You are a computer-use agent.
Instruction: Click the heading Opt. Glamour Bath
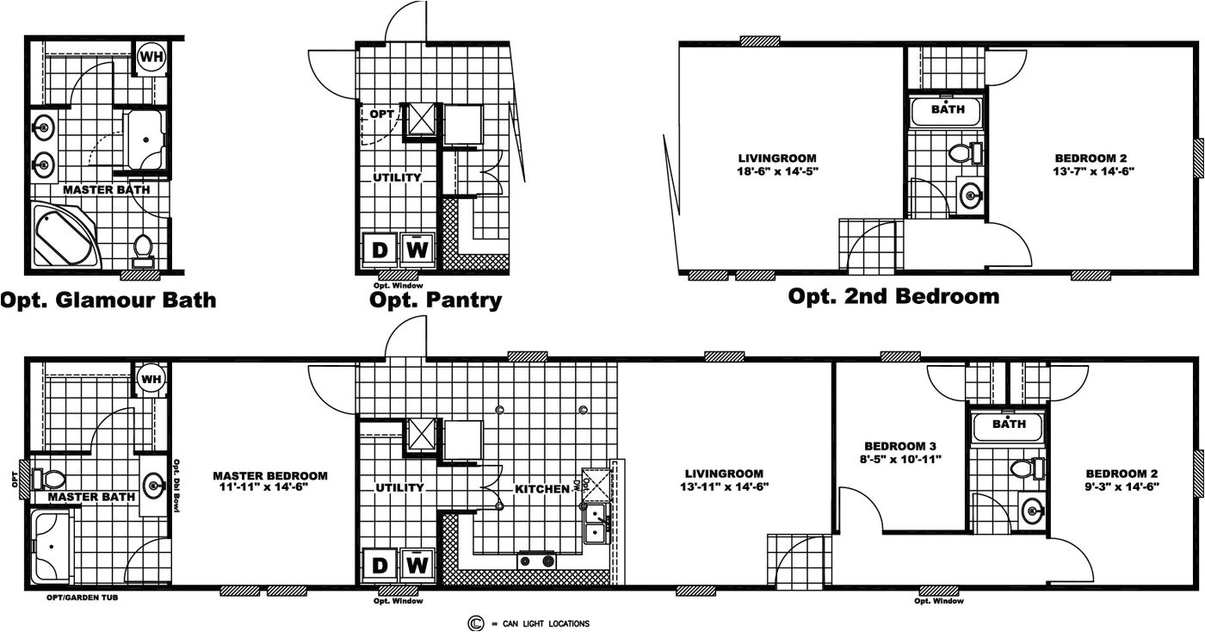(108, 300)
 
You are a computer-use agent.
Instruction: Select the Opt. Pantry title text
(436, 300)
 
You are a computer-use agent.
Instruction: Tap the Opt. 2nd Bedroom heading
(893, 296)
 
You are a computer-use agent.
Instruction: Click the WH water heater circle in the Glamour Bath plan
(152, 57)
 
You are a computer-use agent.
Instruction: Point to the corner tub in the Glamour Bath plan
(65, 234)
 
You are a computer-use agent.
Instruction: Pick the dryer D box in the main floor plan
(379, 565)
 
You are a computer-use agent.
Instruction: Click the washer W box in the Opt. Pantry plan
(417, 250)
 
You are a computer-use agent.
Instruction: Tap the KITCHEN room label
(542, 489)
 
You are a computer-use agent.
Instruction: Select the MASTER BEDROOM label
(269, 475)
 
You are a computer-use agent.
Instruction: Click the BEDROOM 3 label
(900, 446)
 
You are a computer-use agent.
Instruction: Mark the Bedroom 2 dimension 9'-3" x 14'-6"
(1122, 486)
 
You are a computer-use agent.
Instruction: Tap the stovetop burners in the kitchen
(537, 562)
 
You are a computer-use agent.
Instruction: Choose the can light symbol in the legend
(474, 623)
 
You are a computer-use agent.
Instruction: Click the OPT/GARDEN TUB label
(83, 597)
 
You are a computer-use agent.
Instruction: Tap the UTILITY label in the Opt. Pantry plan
(397, 177)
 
